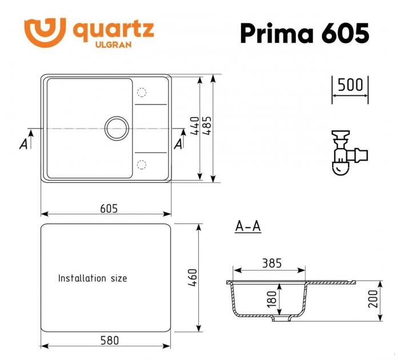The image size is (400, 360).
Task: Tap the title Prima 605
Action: pyautogui.click(x=304, y=33)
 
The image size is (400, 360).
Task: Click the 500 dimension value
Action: pyautogui.click(x=350, y=85)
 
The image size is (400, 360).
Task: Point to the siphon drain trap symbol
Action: pyautogui.click(x=345, y=154)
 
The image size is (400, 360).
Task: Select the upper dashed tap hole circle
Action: pyautogui.click(x=142, y=92)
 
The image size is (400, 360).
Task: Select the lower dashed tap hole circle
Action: pyautogui.click(x=142, y=165)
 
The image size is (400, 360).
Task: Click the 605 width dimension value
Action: pyautogui.click(x=109, y=209)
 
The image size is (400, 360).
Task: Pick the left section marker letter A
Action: pyautogui.click(x=23, y=143)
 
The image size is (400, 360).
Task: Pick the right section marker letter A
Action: pyautogui.click(x=178, y=143)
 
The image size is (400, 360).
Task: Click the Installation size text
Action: pyautogui.click(x=93, y=278)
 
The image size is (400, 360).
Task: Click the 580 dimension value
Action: pyautogui.click(x=109, y=340)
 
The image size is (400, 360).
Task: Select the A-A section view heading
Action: pyautogui.click(x=248, y=227)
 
